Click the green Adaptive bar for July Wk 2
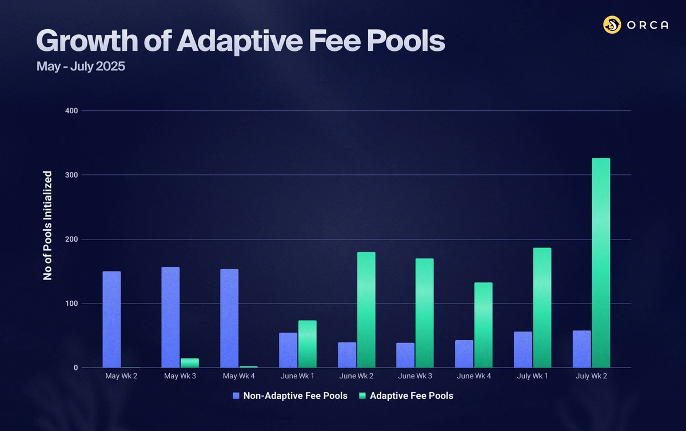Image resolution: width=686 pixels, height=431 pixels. point(601,263)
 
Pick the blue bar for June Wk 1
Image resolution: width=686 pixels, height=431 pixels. point(288,350)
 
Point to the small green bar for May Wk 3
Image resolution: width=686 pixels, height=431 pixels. point(190,363)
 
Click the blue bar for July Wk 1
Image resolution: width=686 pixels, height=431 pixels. point(523,349)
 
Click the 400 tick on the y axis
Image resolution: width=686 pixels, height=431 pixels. point(72,110)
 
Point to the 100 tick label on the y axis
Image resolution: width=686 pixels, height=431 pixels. point(72,304)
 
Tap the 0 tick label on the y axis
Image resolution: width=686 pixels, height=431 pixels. point(75,368)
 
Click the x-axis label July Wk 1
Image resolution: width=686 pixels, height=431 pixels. point(532,377)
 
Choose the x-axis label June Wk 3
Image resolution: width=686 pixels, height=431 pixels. point(415,377)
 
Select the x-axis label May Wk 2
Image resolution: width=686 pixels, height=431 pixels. point(121,377)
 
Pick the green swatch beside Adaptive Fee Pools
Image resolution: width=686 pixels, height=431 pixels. point(362,396)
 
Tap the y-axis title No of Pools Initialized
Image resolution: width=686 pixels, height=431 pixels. point(48,225)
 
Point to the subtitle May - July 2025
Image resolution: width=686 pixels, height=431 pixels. point(81,66)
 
